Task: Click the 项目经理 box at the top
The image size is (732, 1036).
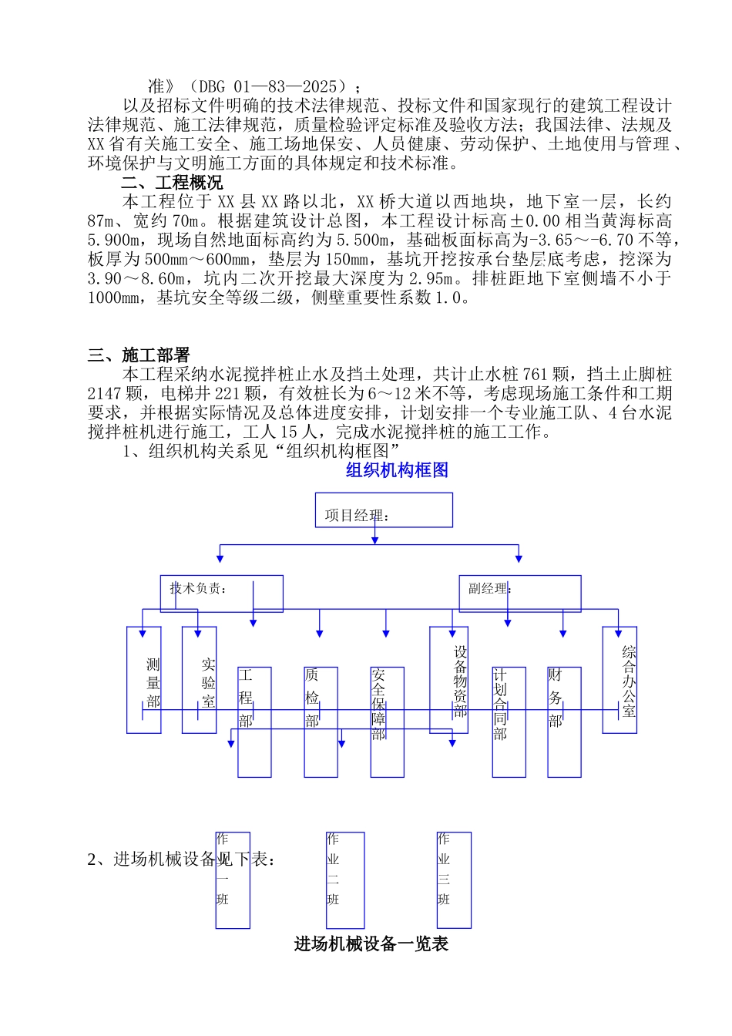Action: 384,510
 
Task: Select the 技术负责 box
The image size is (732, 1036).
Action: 221,594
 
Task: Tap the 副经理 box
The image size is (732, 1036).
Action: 519,594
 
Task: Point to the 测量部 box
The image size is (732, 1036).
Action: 144,680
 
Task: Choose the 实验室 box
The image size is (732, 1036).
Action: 200,680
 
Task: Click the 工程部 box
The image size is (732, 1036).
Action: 254,722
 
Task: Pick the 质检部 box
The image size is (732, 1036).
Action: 321,722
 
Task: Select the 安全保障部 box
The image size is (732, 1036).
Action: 387,722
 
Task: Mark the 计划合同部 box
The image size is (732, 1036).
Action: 509,722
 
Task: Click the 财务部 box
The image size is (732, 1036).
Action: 564,722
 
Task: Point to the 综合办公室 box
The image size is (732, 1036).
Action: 620,680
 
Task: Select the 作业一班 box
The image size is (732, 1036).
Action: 233,880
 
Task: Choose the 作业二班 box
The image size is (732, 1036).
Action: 344,880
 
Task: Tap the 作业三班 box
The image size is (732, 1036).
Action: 454,880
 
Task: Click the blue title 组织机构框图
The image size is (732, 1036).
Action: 397,470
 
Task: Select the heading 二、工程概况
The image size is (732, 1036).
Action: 172,183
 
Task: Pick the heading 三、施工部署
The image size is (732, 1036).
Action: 139,355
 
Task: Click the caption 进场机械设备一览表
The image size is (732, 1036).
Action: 371,944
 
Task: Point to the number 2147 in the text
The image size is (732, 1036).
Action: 105,394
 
